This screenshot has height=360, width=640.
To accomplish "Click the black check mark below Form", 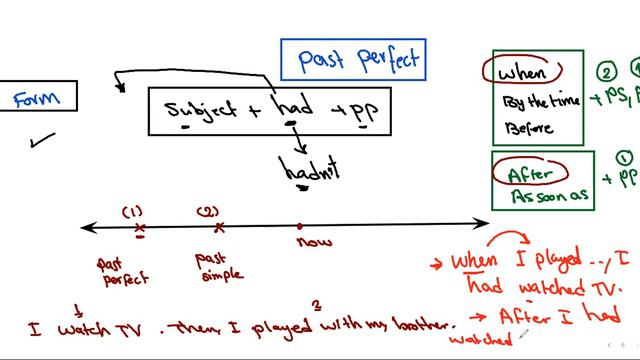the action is tap(43, 140).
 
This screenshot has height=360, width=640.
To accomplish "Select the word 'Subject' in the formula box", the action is tap(200, 109).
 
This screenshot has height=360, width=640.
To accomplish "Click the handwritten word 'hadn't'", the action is tap(310, 170).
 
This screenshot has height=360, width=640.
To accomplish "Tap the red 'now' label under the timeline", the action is tap(314, 240).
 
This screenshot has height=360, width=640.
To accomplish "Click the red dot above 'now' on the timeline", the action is tap(300, 227).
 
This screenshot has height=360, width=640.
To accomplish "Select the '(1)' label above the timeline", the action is tap(134, 211).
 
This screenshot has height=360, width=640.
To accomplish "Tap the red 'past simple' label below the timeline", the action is tap(215, 267).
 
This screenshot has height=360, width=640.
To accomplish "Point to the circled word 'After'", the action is tap(530, 172).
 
